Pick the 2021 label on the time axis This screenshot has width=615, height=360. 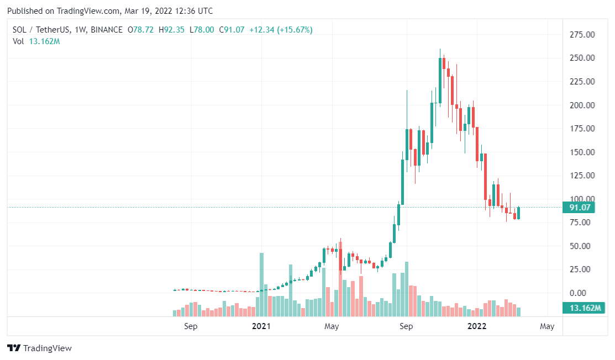261,326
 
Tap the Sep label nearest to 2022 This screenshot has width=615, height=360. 406,326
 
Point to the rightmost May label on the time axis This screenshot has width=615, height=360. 547,326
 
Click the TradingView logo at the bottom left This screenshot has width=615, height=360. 39,348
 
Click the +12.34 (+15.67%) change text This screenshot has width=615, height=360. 281,30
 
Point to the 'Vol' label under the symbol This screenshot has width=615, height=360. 18,41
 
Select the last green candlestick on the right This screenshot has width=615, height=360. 518,213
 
